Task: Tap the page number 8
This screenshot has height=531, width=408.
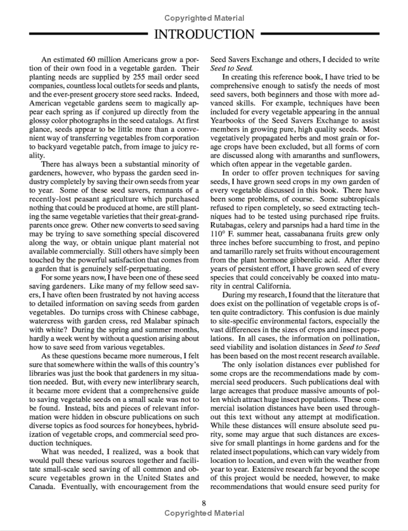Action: pos(204,503)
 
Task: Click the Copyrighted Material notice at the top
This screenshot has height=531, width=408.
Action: pos(204,18)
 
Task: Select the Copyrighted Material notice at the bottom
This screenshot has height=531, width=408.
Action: pos(204,513)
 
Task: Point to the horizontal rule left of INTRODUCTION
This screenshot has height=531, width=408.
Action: pos(89,34)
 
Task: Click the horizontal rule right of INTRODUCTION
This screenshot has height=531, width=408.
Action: pos(320,34)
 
